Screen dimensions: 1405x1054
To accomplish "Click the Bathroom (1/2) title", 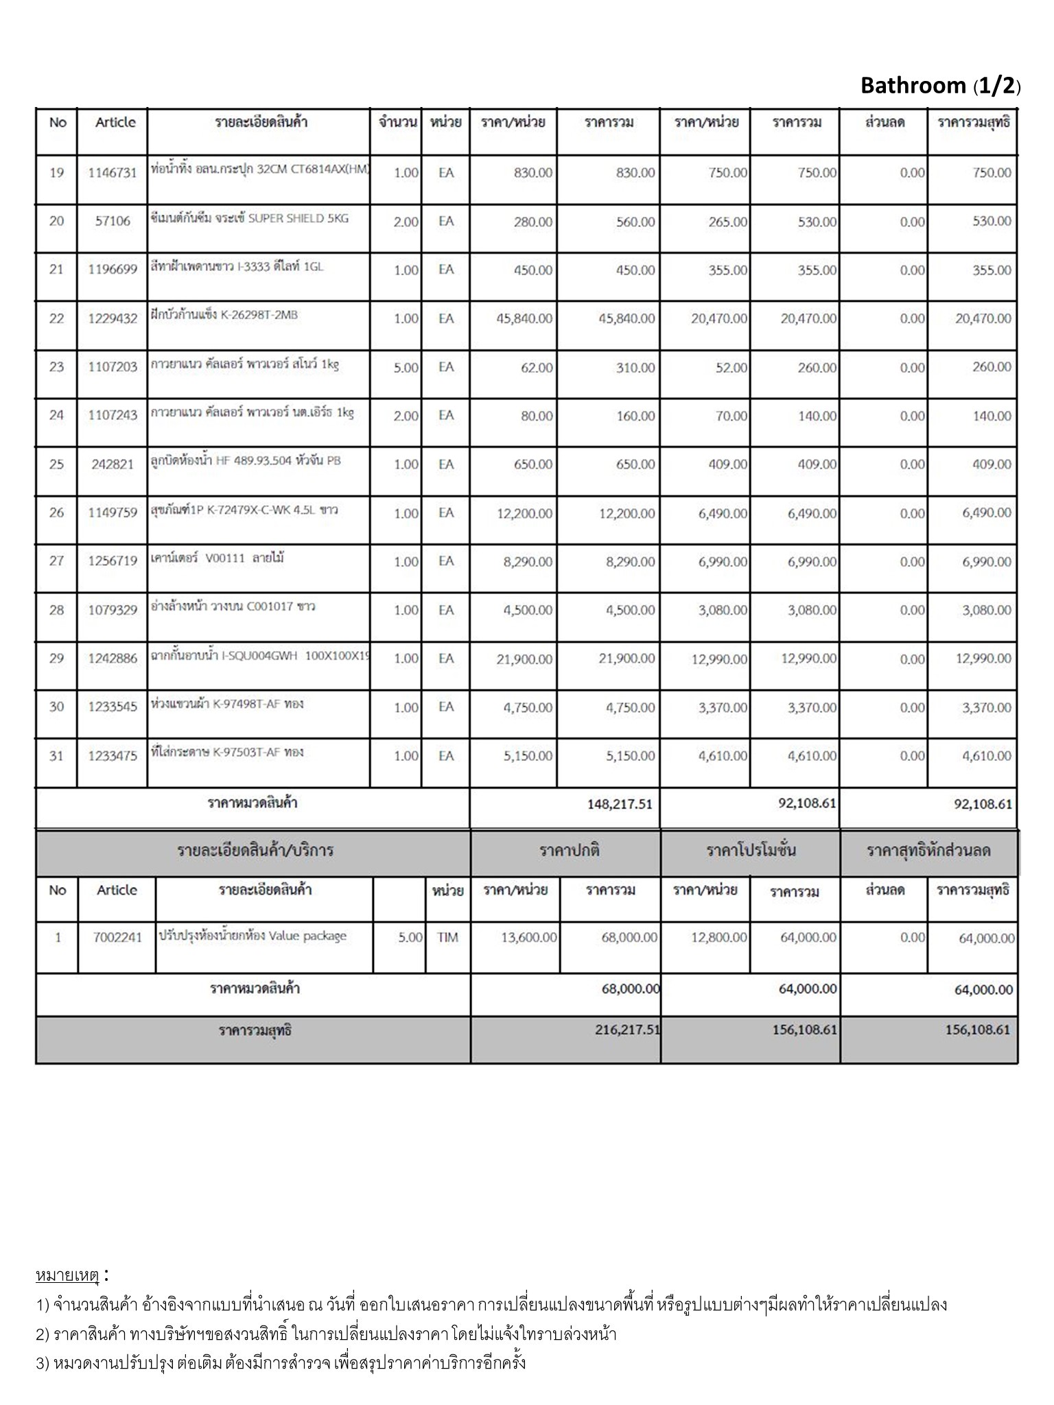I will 940,86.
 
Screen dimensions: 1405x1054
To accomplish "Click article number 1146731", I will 113,173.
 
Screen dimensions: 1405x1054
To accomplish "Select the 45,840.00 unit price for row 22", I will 524,319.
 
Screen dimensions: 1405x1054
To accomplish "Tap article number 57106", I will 113,222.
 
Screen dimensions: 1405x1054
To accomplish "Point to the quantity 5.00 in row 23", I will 406,368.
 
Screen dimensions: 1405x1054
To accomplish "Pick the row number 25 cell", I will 56,464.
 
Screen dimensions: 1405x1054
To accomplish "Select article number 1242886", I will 113,659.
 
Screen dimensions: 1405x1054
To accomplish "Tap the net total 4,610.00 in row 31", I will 986,756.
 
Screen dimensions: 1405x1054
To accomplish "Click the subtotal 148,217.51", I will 620,804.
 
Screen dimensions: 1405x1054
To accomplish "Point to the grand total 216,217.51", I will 627,1030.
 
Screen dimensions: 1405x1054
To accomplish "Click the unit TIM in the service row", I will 447,937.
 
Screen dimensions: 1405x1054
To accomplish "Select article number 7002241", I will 117,937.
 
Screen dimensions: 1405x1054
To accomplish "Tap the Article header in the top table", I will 115,123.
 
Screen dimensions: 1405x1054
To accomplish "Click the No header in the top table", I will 58,123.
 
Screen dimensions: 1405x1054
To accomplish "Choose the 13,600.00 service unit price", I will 528,937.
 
